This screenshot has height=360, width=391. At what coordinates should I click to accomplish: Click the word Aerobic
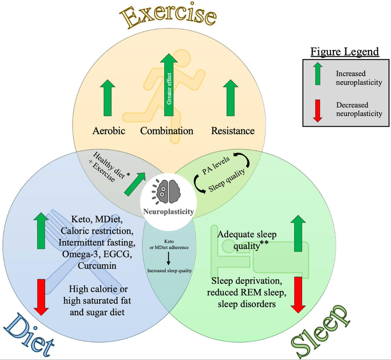[x=109, y=131]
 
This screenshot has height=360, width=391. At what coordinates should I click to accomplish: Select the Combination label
[x=167, y=131]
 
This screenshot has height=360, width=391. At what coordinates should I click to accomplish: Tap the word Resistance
[x=233, y=131]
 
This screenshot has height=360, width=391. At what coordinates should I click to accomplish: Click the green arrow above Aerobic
[x=108, y=98]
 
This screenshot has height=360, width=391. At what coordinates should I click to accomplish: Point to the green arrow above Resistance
[x=231, y=98]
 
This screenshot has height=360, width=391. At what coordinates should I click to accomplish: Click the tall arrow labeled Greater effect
[x=169, y=85]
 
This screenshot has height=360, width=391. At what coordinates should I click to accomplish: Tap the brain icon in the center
[x=166, y=192]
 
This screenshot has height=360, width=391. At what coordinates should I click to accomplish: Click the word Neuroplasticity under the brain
[x=168, y=212]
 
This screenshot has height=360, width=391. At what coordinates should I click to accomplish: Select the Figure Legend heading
[x=345, y=52]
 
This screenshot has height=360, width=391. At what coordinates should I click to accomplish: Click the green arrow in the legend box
[x=317, y=74]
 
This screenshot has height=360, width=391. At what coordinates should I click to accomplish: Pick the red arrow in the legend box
[x=317, y=111]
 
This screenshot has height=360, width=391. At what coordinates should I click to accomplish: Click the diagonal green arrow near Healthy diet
[x=135, y=184]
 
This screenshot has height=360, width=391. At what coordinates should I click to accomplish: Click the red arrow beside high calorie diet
[x=41, y=297]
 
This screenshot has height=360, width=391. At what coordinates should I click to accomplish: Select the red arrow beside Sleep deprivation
[x=298, y=295]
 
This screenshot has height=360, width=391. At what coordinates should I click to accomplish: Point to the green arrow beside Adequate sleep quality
[x=298, y=233]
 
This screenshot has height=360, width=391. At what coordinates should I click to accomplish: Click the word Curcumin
[x=97, y=266]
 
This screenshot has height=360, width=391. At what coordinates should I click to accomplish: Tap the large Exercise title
[x=168, y=16]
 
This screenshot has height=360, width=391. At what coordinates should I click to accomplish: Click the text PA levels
[x=216, y=166]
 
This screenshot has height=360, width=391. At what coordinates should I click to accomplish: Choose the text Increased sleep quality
[x=169, y=271]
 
